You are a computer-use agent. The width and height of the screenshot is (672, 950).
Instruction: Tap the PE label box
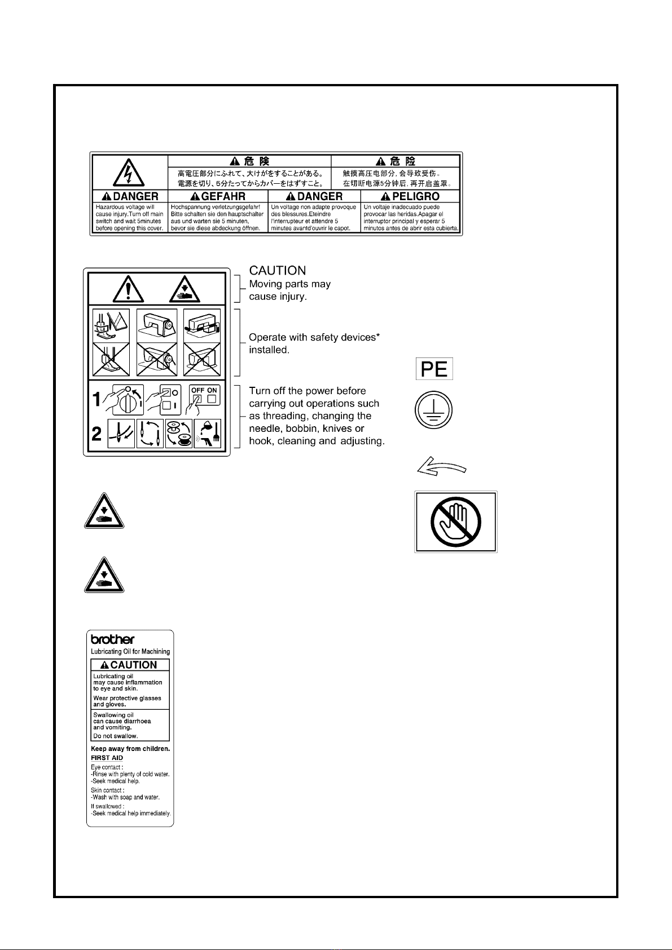[x=434, y=369]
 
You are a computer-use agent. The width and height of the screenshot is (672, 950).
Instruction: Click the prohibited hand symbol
[x=455, y=522]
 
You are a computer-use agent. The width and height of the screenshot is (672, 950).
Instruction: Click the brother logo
[x=113, y=639]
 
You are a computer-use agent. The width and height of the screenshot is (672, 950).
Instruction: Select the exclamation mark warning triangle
[x=129, y=289]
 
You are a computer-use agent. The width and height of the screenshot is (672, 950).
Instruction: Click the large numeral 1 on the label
[x=98, y=399]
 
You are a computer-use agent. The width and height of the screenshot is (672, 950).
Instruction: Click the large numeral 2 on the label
[x=98, y=434]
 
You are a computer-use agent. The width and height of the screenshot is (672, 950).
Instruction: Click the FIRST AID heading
[x=107, y=758]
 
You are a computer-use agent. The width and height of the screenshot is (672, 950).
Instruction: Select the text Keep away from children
[x=130, y=749]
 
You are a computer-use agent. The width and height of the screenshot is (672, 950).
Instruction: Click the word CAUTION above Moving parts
[x=278, y=271]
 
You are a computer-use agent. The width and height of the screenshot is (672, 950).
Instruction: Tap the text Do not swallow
[x=116, y=736]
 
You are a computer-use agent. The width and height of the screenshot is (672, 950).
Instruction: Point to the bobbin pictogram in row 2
[x=179, y=434]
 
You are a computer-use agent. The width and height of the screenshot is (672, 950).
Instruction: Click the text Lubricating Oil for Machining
[x=130, y=651]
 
